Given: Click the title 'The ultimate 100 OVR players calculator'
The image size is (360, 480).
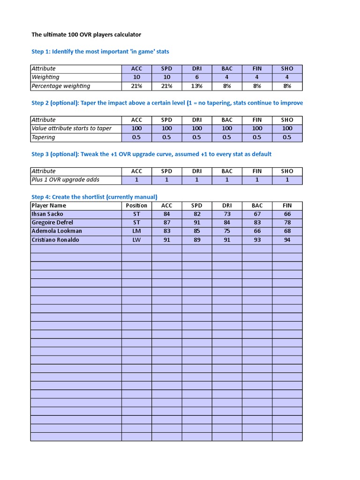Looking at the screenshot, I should pyautogui.click(x=86, y=35).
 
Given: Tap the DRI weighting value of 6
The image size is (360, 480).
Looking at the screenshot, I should pyautogui.click(x=197, y=77).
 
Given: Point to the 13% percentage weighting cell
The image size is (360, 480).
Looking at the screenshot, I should pyautogui.click(x=197, y=86).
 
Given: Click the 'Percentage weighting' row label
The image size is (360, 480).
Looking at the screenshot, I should pyautogui.click(x=60, y=86).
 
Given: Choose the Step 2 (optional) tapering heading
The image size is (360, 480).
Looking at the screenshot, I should pyautogui.click(x=167, y=103).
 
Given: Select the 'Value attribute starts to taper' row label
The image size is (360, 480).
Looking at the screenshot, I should pyautogui.click(x=71, y=128).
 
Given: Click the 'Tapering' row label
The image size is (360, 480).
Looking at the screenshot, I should pyautogui.click(x=43, y=137).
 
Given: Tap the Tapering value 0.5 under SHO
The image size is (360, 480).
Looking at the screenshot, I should pyautogui.click(x=287, y=137).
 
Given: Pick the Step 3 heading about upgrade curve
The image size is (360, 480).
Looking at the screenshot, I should pyautogui.click(x=151, y=154).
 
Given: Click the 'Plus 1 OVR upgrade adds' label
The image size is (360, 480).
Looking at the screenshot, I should pyautogui.click(x=65, y=180).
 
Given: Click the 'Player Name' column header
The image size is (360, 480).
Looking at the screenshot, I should pyautogui.click(x=49, y=206).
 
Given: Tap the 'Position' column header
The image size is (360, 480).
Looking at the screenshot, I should pyautogui.click(x=136, y=206).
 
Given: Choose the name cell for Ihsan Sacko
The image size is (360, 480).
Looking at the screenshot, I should pyautogui.click(x=47, y=214).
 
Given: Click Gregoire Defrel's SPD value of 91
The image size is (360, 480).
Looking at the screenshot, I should pyautogui.click(x=197, y=223).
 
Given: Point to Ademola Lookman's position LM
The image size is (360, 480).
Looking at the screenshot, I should pyautogui.click(x=136, y=231).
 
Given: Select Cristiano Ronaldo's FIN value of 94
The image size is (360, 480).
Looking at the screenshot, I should pyautogui.click(x=287, y=240).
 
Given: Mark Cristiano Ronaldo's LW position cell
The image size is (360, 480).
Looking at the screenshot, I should pyautogui.click(x=136, y=240).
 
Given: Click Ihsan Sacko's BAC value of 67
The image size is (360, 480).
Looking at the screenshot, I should pyautogui.click(x=257, y=214).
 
